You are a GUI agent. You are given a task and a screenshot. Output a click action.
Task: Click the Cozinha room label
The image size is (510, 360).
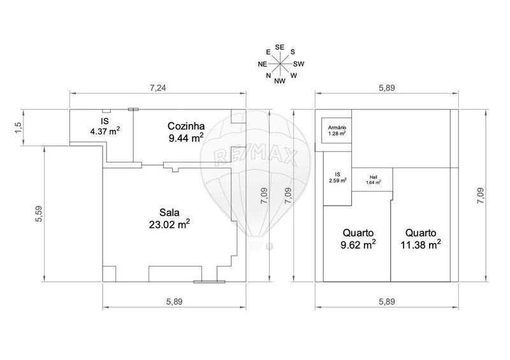(186, 126)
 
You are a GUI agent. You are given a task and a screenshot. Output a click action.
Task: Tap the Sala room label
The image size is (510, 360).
(169, 213)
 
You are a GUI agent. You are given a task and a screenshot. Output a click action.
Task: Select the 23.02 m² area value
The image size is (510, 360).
(169, 224)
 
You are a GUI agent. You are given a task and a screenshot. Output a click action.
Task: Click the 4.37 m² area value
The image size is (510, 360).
(105, 131)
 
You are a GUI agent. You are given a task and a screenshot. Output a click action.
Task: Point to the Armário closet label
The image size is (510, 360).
(337, 128)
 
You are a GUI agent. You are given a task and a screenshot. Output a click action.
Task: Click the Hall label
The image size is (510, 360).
(374, 178)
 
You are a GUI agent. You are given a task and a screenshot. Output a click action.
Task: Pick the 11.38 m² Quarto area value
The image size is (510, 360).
(421, 245)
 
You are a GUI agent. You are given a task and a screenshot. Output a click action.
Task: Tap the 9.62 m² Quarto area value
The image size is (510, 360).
(358, 245)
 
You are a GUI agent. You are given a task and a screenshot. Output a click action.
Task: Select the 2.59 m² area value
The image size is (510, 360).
(338, 181)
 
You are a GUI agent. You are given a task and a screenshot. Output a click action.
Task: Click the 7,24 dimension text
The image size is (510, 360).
(157, 88)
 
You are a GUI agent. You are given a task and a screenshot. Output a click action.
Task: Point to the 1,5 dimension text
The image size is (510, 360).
(18, 127)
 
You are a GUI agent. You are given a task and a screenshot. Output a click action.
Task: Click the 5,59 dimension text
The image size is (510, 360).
(39, 214)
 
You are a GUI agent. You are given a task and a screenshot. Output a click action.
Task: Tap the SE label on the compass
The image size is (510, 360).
(280, 48)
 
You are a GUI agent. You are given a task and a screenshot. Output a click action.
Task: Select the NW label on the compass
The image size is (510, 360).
(280, 81)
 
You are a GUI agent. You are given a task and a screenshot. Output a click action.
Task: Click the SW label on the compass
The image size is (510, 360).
(298, 64)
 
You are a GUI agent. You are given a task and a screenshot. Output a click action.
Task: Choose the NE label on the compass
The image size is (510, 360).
(263, 64)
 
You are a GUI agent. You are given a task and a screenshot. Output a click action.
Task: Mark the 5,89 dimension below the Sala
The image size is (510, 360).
(174, 302)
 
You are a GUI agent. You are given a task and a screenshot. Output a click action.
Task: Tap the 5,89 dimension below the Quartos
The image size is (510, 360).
(387, 302)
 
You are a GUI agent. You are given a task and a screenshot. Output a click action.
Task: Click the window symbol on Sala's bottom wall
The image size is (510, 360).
(210, 282)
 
